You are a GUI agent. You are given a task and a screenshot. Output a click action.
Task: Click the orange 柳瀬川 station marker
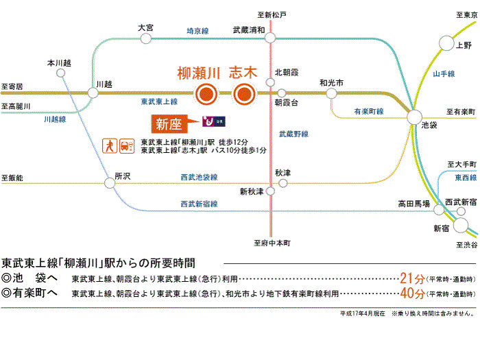click(x=206, y=95)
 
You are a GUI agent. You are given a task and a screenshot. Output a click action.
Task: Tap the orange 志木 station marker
click(x=243, y=95)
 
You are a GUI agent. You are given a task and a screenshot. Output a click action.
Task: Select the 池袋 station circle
click(x=415, y=117)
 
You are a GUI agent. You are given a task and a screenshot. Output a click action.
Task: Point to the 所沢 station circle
click(x=110, y=182)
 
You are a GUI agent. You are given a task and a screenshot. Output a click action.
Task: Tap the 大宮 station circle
click(x=145, y=38)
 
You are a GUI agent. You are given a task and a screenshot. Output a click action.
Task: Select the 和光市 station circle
click(x=331, y=93)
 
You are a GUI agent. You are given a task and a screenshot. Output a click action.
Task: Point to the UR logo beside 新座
click(x=213, y=122)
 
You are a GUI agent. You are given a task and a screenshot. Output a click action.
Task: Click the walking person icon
click(x=108, y=145)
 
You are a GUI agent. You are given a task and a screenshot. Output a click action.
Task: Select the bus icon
click(x=125, y=145)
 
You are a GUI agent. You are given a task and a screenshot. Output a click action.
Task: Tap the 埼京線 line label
click(x=197, y=31)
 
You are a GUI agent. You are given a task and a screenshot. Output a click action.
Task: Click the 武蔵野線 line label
click(x=293, y=134)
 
